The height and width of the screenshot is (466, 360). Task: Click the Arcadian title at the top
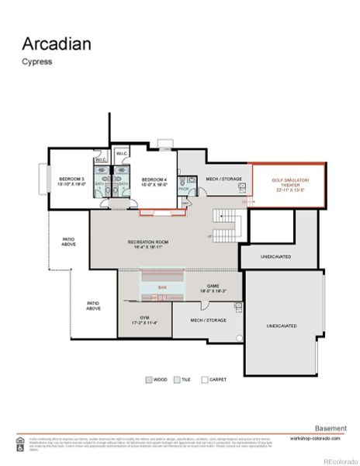coord(56,43)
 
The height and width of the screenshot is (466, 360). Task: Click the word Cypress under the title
coord(36,62)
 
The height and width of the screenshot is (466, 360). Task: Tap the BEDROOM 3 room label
coord(70,183)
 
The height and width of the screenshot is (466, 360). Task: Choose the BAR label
coord(162,287)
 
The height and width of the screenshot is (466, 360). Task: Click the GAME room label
coord(213,288)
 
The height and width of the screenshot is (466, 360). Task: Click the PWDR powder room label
coord(184,188)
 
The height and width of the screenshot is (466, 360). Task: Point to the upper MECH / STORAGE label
coord(223,179)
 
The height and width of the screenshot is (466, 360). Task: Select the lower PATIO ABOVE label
coord(93,306)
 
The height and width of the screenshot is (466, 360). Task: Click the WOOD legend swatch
coord(149,380)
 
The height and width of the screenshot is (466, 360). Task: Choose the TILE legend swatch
coord(176,380)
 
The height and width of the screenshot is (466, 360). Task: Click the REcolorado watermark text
coord(337,459)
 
